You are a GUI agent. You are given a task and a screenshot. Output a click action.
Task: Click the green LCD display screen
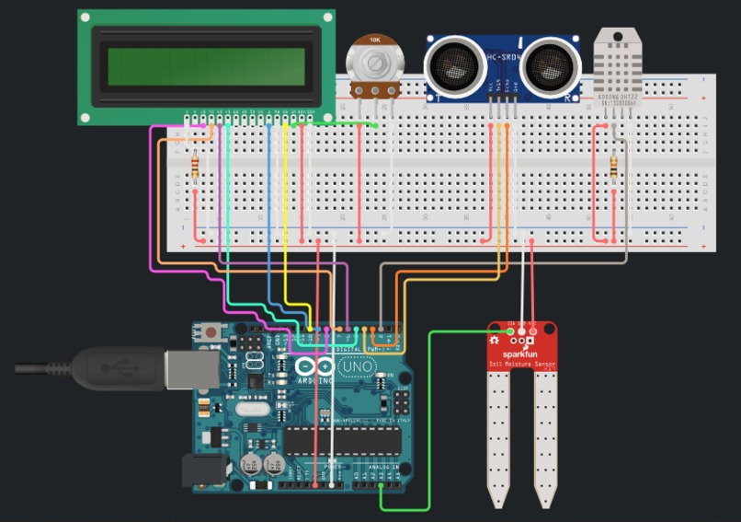(206, 65)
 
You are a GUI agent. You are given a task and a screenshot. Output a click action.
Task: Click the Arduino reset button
(212, 331)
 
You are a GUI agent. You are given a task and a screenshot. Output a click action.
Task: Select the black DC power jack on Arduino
(203, 470)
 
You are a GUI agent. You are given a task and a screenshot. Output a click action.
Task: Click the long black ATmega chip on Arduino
(343, 441)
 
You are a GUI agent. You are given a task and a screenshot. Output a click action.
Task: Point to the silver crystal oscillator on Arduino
(249, 409)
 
